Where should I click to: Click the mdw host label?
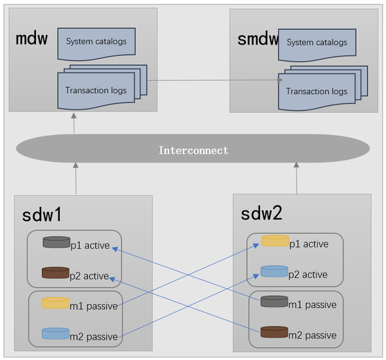32,38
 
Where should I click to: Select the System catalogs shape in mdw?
96,42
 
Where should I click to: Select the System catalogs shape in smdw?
317,42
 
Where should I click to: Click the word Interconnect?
193,150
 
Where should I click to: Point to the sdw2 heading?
262,214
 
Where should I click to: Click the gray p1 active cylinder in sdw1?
56,242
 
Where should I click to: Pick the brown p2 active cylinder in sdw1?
55,273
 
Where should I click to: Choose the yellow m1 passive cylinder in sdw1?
55,303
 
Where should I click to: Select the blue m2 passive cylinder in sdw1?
55,334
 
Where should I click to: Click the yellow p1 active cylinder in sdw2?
275,241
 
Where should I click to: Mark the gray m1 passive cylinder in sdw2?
274,301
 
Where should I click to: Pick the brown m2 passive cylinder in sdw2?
274,332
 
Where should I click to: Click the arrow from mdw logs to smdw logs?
212,80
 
